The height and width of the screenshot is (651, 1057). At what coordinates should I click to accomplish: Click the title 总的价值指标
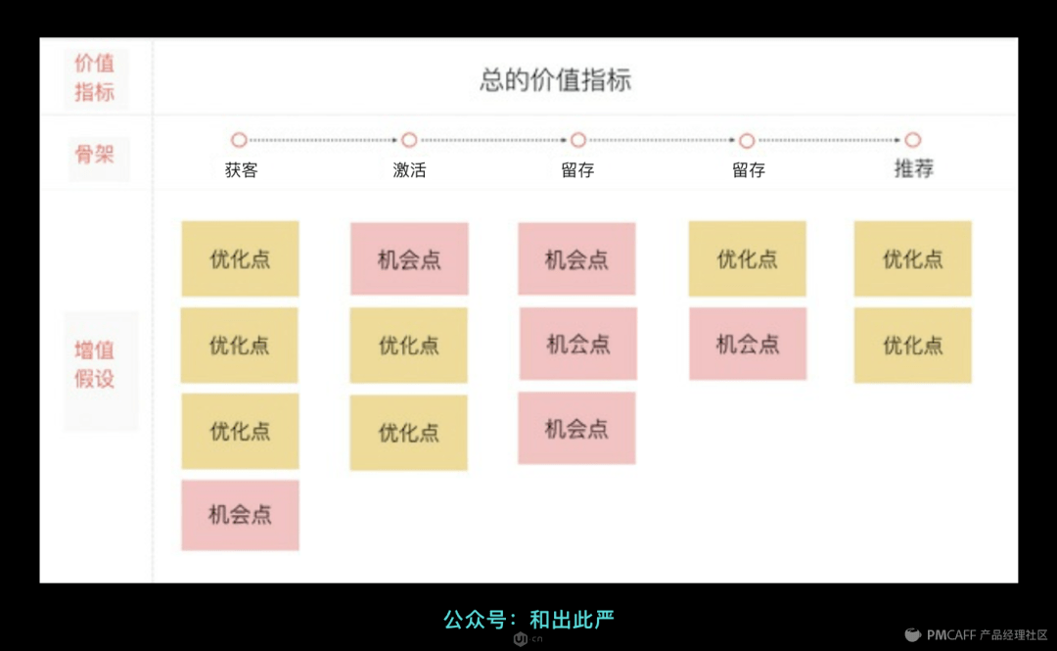pos(555,80)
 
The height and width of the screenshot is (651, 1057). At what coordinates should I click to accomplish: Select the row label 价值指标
pos(95,77)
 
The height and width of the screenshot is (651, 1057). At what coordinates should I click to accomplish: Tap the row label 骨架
pos(95,154)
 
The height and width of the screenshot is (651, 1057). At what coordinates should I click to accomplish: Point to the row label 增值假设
pos(95,364)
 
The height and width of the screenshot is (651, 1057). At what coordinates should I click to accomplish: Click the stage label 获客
pos(241,169)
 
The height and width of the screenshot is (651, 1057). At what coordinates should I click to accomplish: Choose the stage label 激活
pos(409,169)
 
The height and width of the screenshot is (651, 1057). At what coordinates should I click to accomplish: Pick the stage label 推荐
pos(913,169)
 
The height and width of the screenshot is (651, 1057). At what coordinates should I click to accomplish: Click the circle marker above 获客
pos(239,140)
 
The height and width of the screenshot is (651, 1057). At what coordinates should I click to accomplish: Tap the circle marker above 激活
pos(409,140)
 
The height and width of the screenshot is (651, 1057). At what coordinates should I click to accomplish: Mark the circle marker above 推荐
pos(913,140)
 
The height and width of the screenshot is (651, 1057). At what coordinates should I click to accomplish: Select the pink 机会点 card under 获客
pos(240,515)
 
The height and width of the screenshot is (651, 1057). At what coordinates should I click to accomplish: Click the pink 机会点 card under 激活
pos(409,258)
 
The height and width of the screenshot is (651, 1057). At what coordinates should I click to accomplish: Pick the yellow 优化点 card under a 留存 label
pos(747,258)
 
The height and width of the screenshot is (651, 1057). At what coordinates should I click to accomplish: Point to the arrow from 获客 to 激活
pos(324,140)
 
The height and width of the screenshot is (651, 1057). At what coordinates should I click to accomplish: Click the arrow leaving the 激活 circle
pos(493,140)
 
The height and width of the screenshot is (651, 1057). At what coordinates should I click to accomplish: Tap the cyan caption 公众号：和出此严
pos(528,620)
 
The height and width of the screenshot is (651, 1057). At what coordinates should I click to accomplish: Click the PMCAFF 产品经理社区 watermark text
pos(988,634)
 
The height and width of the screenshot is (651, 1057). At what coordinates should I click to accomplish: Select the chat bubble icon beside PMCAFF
pos(912,634)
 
